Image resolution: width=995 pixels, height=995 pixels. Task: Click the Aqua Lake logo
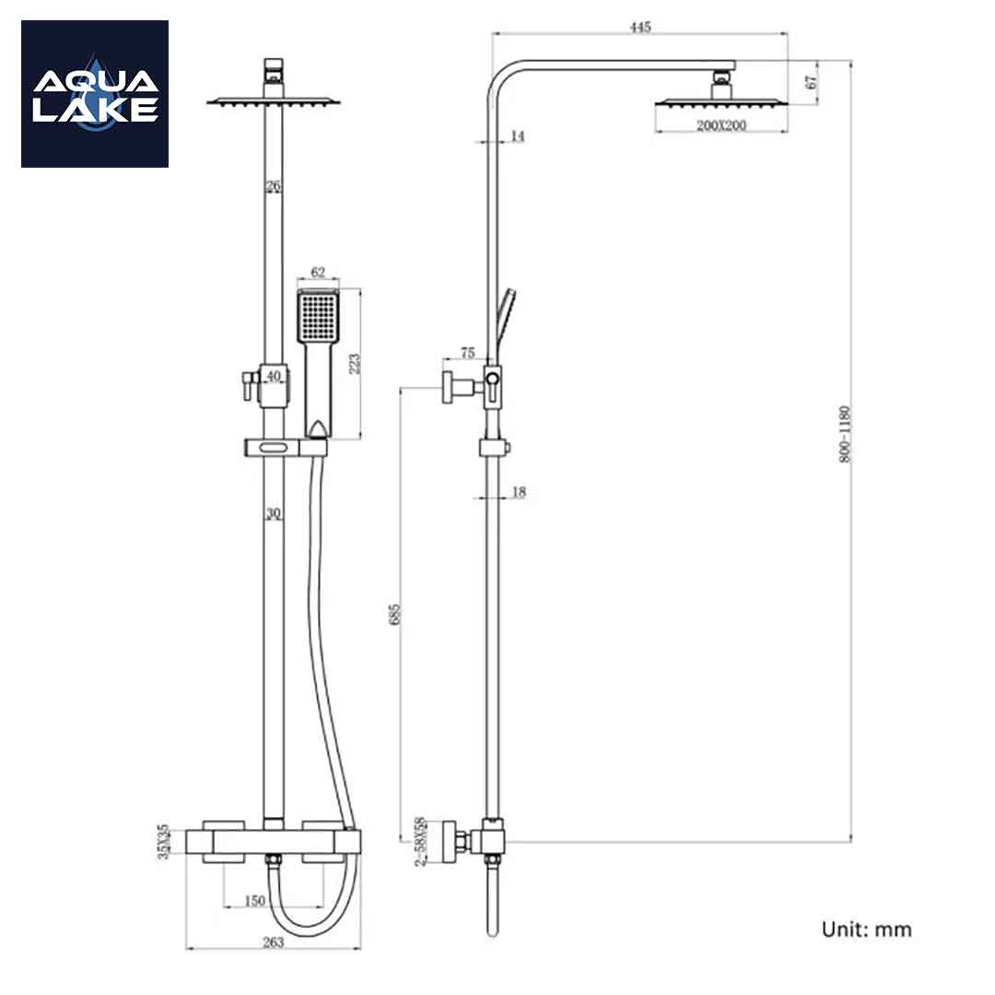point(95,94)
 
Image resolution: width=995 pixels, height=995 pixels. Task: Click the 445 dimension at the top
point(640,27)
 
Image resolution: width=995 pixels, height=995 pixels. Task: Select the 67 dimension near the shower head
point(812,81)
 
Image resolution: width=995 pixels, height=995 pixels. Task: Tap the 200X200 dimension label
point(721,125)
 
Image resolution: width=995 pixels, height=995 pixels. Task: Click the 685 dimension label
point(395,615)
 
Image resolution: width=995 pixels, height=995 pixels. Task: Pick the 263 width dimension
point(273,942)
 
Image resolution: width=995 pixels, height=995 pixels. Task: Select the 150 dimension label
point(255,900)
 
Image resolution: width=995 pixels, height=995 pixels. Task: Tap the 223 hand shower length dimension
point(355,364)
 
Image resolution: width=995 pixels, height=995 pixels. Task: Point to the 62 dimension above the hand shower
point(319,272)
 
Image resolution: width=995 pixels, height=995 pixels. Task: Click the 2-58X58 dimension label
point(420,840)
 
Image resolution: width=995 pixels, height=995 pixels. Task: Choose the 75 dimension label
point(467,353)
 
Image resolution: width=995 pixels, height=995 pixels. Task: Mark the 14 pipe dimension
point(517,136)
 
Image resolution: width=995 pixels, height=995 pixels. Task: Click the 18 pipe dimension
point(518,493)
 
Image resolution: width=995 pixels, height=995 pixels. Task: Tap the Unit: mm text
point(866,929)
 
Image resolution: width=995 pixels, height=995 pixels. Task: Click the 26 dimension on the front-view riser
point(273,186)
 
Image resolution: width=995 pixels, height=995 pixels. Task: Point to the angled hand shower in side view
point(504,318)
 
